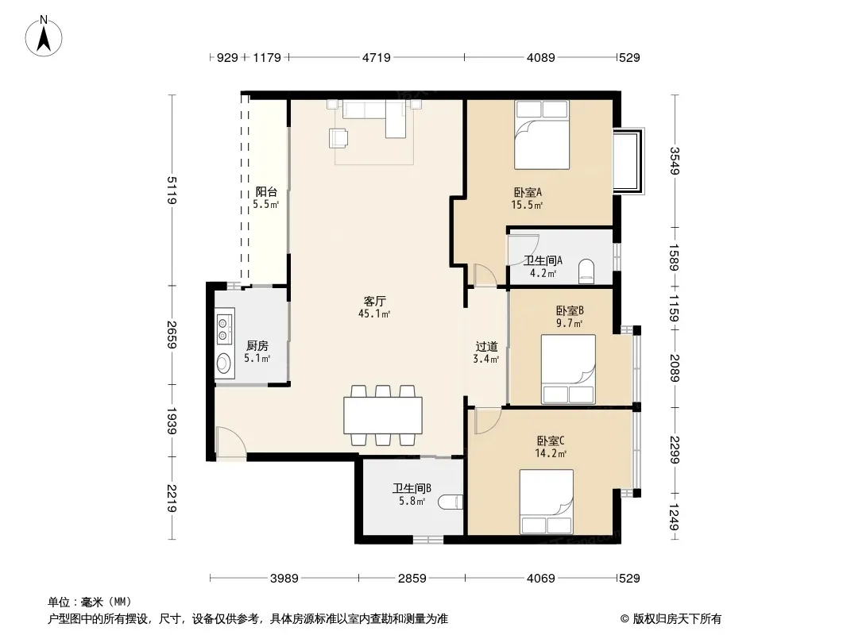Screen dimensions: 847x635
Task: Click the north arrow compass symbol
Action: (44, 36)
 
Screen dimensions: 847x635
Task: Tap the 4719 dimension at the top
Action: (376, 57)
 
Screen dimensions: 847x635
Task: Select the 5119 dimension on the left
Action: (172, 190)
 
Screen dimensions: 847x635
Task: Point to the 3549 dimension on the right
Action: (674, 161)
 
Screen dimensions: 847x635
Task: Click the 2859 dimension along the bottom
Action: (412, 579)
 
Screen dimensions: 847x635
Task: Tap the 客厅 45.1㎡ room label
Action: (374, 307)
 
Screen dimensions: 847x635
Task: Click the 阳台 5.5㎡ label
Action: (266, 198)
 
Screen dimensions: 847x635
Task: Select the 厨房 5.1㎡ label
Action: (257, 352)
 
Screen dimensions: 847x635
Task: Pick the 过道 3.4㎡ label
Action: (486, 352)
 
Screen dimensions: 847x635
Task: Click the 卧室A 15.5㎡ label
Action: (528, 198)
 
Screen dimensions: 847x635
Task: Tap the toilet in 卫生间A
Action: (586, 271)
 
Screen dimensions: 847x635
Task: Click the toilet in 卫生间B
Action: (451, 502)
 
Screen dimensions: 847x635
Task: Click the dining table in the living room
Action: (383, 415)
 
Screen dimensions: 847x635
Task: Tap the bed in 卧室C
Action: (546, 502)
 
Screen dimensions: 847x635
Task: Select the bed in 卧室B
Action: (568, 369)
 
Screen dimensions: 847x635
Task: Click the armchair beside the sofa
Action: (338, 137)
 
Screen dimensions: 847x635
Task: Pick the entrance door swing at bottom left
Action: (230, 442)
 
